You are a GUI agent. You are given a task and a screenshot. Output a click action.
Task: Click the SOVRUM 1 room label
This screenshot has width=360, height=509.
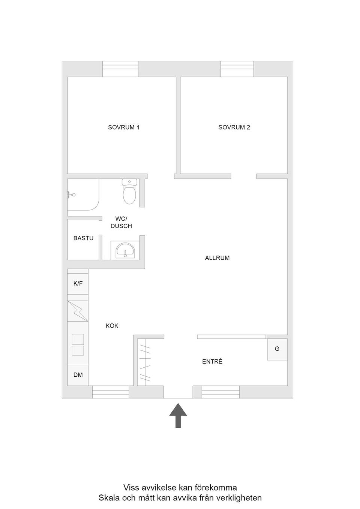124,127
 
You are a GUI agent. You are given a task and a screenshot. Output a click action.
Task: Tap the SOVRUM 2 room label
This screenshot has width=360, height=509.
234,127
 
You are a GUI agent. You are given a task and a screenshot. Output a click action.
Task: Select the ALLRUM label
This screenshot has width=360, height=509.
217,258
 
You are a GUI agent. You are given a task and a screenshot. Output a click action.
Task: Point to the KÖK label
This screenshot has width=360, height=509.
112,326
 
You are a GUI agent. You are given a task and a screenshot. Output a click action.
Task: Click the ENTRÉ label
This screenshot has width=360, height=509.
212,362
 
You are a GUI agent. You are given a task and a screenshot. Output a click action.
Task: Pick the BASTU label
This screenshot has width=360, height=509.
83,238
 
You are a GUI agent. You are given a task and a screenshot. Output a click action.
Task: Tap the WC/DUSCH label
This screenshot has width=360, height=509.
121,222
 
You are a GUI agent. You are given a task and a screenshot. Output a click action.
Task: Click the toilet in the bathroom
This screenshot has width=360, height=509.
129,192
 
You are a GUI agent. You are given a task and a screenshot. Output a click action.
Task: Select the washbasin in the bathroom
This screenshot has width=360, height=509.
124,250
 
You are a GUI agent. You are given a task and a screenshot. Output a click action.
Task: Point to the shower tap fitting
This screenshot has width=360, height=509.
71,195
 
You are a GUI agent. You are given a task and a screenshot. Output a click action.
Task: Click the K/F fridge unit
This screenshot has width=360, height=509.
78,284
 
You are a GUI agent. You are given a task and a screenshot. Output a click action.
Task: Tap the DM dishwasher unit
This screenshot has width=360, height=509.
78,375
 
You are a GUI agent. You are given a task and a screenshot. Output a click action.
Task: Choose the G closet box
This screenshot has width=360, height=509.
277,349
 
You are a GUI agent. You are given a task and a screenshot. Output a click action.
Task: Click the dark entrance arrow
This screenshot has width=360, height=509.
178,415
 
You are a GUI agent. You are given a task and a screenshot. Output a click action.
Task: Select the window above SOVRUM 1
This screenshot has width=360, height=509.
120,69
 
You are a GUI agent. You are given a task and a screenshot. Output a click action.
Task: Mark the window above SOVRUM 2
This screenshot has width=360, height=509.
237,69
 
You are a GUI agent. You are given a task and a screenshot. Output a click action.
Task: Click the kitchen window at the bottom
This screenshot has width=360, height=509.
111,392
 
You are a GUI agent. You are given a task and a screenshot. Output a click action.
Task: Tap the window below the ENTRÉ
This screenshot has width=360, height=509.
220,392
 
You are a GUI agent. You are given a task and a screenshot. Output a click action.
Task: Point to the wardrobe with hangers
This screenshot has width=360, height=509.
145,362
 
